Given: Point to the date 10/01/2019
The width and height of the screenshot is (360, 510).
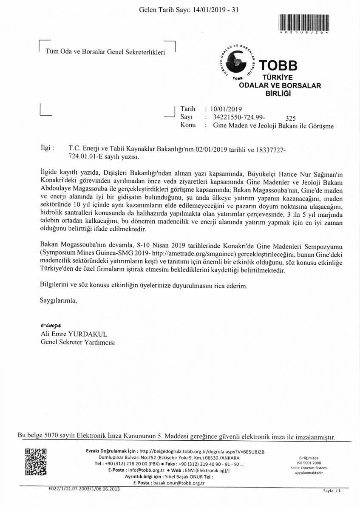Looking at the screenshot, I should [222, 109].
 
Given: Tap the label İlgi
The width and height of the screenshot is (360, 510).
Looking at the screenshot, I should [46, 149].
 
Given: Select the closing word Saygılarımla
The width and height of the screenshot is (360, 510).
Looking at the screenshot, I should [58, 300].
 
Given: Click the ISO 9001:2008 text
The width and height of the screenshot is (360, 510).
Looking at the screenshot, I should [312, 462].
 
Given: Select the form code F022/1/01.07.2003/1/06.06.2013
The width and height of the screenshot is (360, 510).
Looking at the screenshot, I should [84, 489].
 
